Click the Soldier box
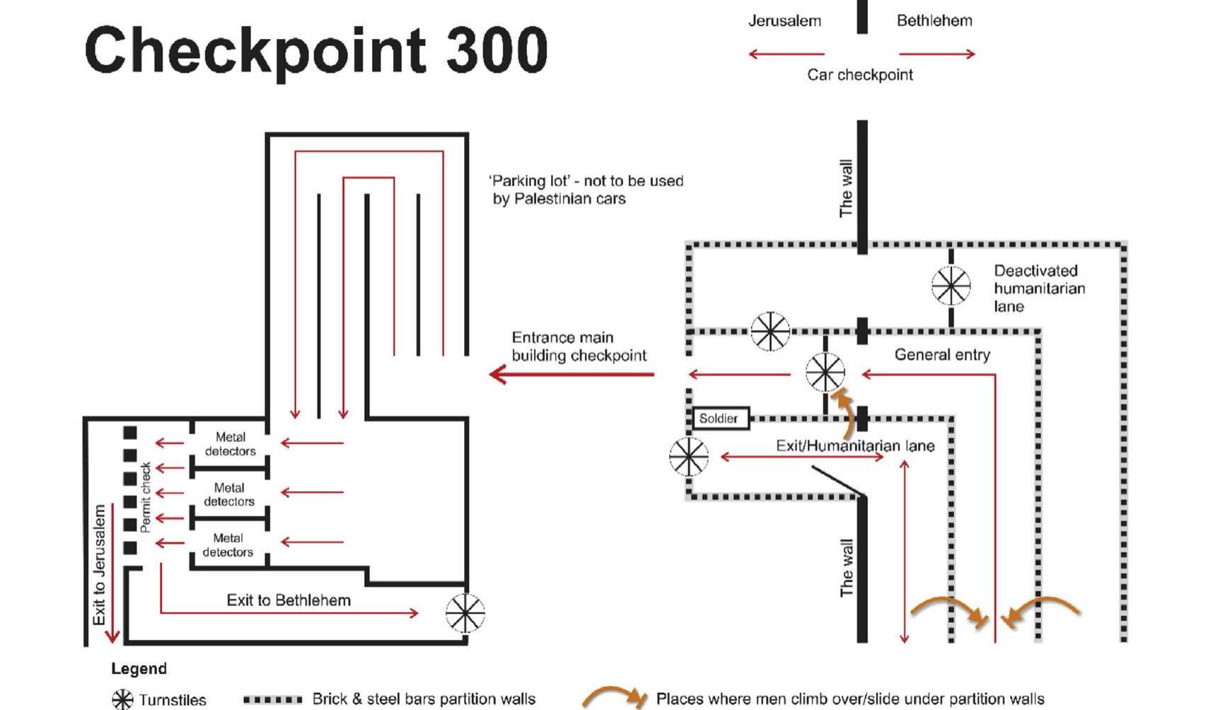pyautogui.click(x=719, y=419)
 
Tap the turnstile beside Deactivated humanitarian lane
pyautogui.click(x=951, y=286)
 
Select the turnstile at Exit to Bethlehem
pyautogui.click(x=465, y=612)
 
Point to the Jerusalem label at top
pyautogui.click(x=784, y=21)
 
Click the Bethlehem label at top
pyautogui.click(x=934, y=21)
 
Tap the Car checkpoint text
pyautogui.click(x=859, y=75)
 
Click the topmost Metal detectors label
pyautogui.click(x=230, y=444)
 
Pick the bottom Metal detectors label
pyautogui.click(x=228, y=545)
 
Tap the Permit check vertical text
pyautogui.click(x=146, y=497)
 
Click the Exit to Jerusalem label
pyautogui.click(x=100, y=564)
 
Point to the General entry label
pyautogui.click(x=941, y=355)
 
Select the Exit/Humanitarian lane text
pyautogui.click(x=854, y=446)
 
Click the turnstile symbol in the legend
pyautogui.click(x=122, y=699)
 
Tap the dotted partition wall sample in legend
pyautogui.click(x=272, y=699)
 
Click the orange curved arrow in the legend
pyautogui.click(x=613, y=697)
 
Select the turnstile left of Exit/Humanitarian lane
pyautogui.click(x=688, y=456)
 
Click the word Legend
pyautogui.click(x=139, y=669)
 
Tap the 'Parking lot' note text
pyautogui.click(x=586, y=190)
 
